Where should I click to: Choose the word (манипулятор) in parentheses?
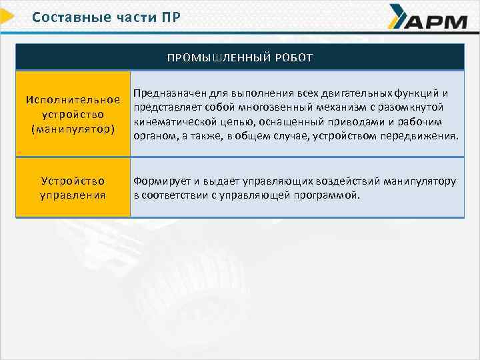[73, 127]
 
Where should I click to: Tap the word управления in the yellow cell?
[73, 195]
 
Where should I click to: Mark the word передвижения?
[425, 136]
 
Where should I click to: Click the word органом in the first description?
[153, 136]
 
